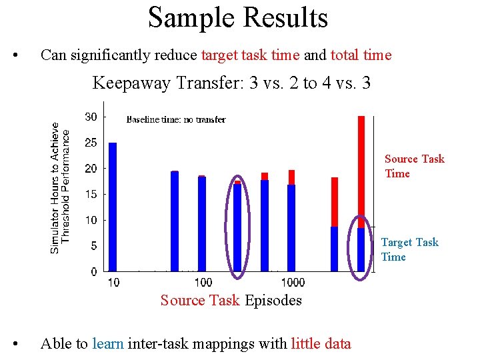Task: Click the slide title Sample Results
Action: (x=238, y=18)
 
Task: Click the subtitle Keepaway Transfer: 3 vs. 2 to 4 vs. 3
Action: (x=231, y=83)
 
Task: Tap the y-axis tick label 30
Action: (x=91, y=117)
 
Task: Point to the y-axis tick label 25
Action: (x=91, y=143)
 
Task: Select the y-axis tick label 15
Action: (x=91, y=194)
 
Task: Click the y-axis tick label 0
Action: (x=93, y=272)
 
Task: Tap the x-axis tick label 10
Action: (x=113, y=283)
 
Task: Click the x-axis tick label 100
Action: (x=203, y=283)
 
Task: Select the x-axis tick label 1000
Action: (x=293, y=283)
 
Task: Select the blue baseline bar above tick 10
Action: (x=113, y=207)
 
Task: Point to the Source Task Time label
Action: (x=414, y=166)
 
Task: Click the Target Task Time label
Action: (x=409, y=249)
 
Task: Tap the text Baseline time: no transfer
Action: (x=176, y=120)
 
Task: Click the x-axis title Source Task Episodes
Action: (x=231, y=301)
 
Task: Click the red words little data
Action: (x=321, y=344)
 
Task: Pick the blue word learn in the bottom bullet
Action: (x=108, y=344)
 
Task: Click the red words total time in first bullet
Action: (x=361, y=55)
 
